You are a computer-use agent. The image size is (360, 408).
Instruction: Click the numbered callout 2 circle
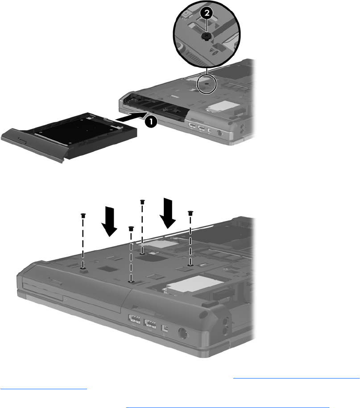(x=207, y=13)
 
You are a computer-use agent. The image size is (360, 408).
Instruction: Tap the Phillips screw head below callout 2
(x=207, y=36)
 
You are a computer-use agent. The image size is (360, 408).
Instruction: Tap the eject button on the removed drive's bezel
(x=22, y=142)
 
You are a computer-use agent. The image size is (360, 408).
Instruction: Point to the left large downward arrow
(x=109, y=221)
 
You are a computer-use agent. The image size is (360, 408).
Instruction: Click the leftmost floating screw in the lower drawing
(x=83, y=215)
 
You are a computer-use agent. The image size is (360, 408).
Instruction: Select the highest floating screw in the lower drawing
(x=142, y=202)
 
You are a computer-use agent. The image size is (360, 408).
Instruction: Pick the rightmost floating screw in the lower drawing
(x=190, y=213)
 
